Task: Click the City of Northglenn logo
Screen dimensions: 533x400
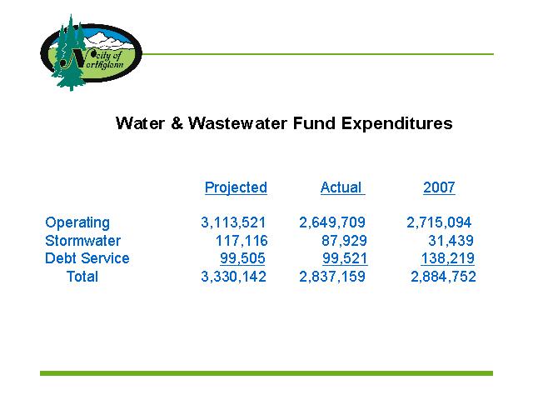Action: pos(91,52)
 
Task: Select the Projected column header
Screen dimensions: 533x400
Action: pos(236,187)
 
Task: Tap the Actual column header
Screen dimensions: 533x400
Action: pos(342,187)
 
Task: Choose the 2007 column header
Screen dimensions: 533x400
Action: pos(439,187)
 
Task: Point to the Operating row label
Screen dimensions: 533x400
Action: pos(77,222)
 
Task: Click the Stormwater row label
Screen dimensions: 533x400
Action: pos(83,241)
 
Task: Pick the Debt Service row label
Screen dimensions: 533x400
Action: pos(87,258)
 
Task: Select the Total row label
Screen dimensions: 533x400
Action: pos(82,276)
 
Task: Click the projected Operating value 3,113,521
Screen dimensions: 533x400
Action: pos(233,222)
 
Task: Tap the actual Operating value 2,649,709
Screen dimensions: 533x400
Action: pos(332,222)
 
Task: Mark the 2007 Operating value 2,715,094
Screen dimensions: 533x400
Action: pos(439,222)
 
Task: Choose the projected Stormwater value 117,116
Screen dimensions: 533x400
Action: pos(242,241)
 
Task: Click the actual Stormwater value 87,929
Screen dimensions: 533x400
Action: pos(344,241)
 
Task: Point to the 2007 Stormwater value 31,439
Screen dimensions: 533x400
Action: pos(451,241)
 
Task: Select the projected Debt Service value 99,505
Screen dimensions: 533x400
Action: pos(242,258)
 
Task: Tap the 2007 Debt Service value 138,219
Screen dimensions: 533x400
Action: pos(447,258)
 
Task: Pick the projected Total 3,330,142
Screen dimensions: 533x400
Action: pos(233,276)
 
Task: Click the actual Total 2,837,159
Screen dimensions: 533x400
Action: pos(332,276)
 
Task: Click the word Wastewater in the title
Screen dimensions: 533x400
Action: pos(237,123)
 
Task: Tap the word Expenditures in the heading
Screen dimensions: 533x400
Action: pos(396,123)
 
